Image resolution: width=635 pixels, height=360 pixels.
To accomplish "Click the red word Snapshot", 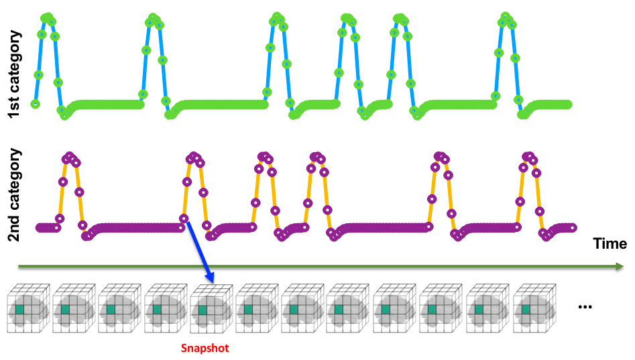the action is (205, 348).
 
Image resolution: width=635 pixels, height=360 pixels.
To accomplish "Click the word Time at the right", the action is (610, 243).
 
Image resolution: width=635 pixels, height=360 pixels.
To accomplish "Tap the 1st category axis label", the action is (14, 74).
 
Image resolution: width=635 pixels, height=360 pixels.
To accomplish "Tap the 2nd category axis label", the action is (14, 195).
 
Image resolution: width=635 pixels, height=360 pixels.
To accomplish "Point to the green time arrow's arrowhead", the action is (620, 266).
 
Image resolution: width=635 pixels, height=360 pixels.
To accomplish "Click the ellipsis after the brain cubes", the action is (585, 306).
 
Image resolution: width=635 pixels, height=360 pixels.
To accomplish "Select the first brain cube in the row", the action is (28, 308).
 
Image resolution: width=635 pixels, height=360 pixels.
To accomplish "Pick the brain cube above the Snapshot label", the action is (211, 308).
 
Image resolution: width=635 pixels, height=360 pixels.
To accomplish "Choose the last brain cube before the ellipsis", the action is (534, 308).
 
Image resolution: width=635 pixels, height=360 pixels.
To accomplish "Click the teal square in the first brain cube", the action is (20, 309).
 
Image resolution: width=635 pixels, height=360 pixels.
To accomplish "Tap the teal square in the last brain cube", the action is (526, 309).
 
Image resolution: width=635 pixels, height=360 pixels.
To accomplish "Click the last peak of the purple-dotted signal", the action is (528, 156).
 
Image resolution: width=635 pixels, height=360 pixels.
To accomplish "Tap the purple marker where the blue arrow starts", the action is (184, 219).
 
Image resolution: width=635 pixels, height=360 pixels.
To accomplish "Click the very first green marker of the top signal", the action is (36, 104).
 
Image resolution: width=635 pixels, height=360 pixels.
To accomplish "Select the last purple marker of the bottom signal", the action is (573, 227).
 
